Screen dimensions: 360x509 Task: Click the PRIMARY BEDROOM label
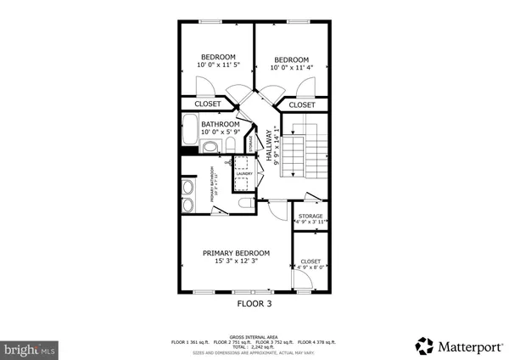235,253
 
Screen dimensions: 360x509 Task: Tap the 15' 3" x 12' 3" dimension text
235,262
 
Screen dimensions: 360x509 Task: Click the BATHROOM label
219,124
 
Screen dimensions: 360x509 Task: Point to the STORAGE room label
310,216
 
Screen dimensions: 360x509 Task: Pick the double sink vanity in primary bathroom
187,197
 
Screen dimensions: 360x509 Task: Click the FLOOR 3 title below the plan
255,302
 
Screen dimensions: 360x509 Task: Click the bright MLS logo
30,349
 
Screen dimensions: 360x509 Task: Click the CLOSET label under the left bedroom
208,104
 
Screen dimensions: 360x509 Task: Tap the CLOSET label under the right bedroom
301,104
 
